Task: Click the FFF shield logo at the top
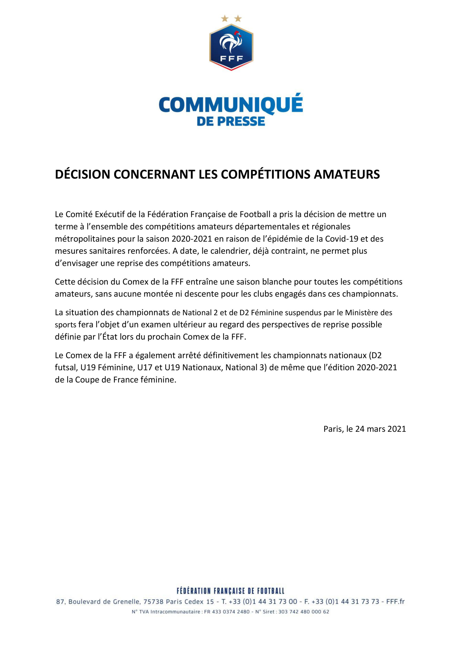pos(231,47)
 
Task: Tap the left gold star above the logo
pos(225,19)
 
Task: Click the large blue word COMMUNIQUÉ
pos(231,104)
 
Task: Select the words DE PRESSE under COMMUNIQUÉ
pos(231,121)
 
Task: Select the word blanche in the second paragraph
pos(277,282)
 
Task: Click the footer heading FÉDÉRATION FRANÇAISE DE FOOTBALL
pos(230,591)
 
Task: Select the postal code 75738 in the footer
pos(153,602)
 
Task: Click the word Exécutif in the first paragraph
pos(110,214)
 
